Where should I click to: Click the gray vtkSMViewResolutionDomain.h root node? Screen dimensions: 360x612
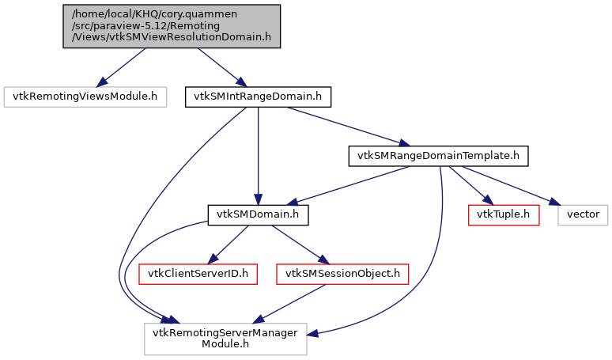172,25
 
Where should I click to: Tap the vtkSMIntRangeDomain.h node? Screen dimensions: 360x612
258,97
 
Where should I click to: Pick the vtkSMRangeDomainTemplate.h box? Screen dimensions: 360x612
438,156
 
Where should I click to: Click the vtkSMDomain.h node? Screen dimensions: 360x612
258,214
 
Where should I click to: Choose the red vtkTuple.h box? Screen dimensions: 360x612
504,214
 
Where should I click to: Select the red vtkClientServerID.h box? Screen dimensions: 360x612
194,274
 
